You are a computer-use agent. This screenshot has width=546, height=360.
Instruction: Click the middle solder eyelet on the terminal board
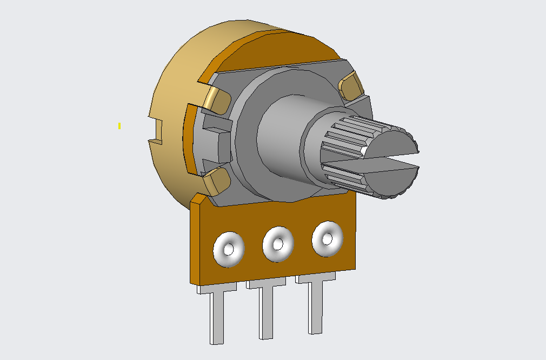[277, 244]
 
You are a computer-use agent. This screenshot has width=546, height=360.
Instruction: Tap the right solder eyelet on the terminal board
[327, 238]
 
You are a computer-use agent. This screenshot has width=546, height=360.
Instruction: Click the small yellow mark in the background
[119, 126]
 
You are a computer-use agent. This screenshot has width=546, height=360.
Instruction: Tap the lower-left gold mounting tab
[216, 180]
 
